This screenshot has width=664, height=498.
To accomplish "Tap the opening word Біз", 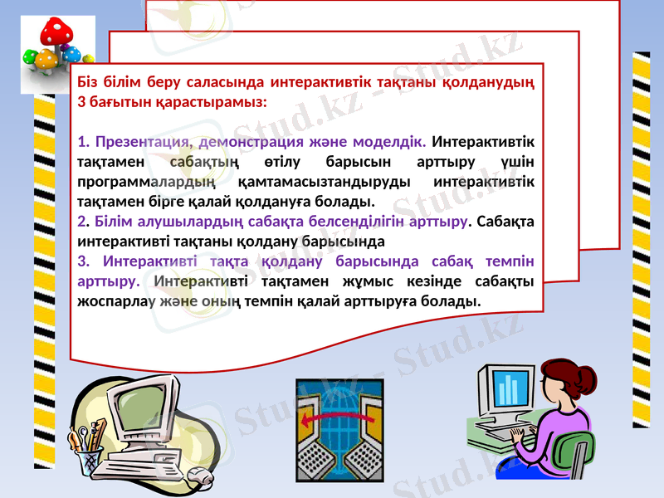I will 87,82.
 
